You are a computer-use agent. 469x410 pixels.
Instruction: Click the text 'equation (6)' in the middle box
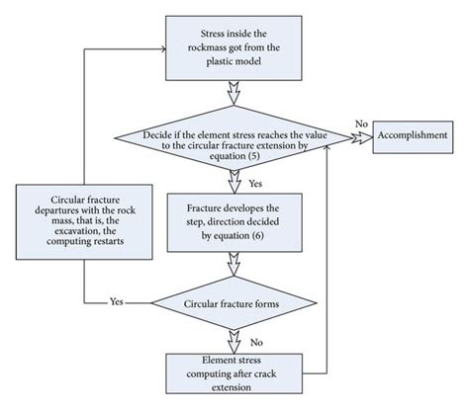234,238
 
